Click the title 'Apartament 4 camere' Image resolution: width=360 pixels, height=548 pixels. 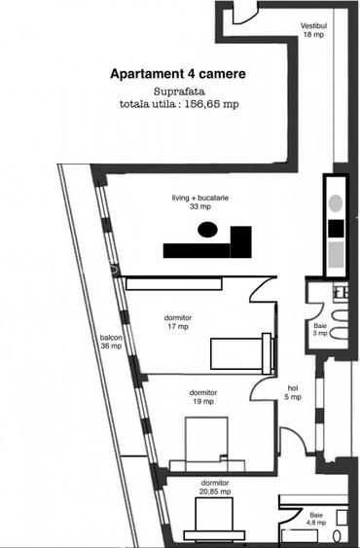click(177, 74)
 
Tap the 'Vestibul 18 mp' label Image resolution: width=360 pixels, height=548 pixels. click(313, 29)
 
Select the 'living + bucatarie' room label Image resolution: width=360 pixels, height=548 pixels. click(198, 201)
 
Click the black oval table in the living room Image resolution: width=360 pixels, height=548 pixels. click(206, 230)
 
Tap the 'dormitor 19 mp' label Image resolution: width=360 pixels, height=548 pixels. click(203, 397)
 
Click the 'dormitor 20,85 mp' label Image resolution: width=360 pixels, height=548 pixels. click(215, 488)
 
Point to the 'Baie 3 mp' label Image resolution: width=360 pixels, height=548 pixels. click(320, 330)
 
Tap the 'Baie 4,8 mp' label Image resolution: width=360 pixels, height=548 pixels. click(316, 520)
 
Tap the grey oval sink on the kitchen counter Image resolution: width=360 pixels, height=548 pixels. click(336, 203)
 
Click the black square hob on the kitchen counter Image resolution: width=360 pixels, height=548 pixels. click(336, 228)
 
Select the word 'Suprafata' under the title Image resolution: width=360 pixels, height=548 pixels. click(177, 91)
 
